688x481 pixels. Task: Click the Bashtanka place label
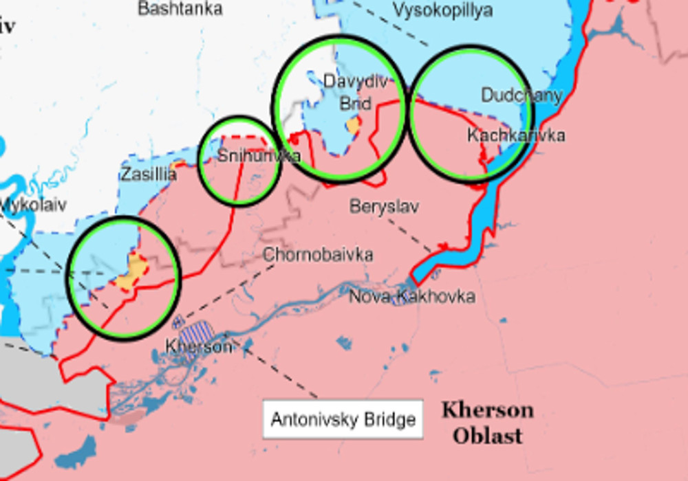(x=180, y=9)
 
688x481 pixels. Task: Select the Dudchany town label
(x=522, y=96)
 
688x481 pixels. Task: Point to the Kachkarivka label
(x=516, y=135)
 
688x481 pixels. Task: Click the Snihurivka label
(x=259, y=156)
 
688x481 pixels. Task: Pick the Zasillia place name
(x=149, y=175)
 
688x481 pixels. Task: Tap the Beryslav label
(x=385, y=206)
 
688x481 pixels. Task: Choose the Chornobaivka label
(x=318, y=255)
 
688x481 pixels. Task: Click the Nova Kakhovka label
(x=411, y=297)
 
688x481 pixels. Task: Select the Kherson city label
(x=198, y=347)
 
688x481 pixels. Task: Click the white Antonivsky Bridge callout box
(x=343, y=419)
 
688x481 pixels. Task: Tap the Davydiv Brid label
(x=356, y=92)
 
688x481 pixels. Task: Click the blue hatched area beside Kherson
(x=202, y=333)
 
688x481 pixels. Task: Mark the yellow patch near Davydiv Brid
(x=354, y=126)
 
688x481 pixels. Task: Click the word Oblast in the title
(x=487, y=435)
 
